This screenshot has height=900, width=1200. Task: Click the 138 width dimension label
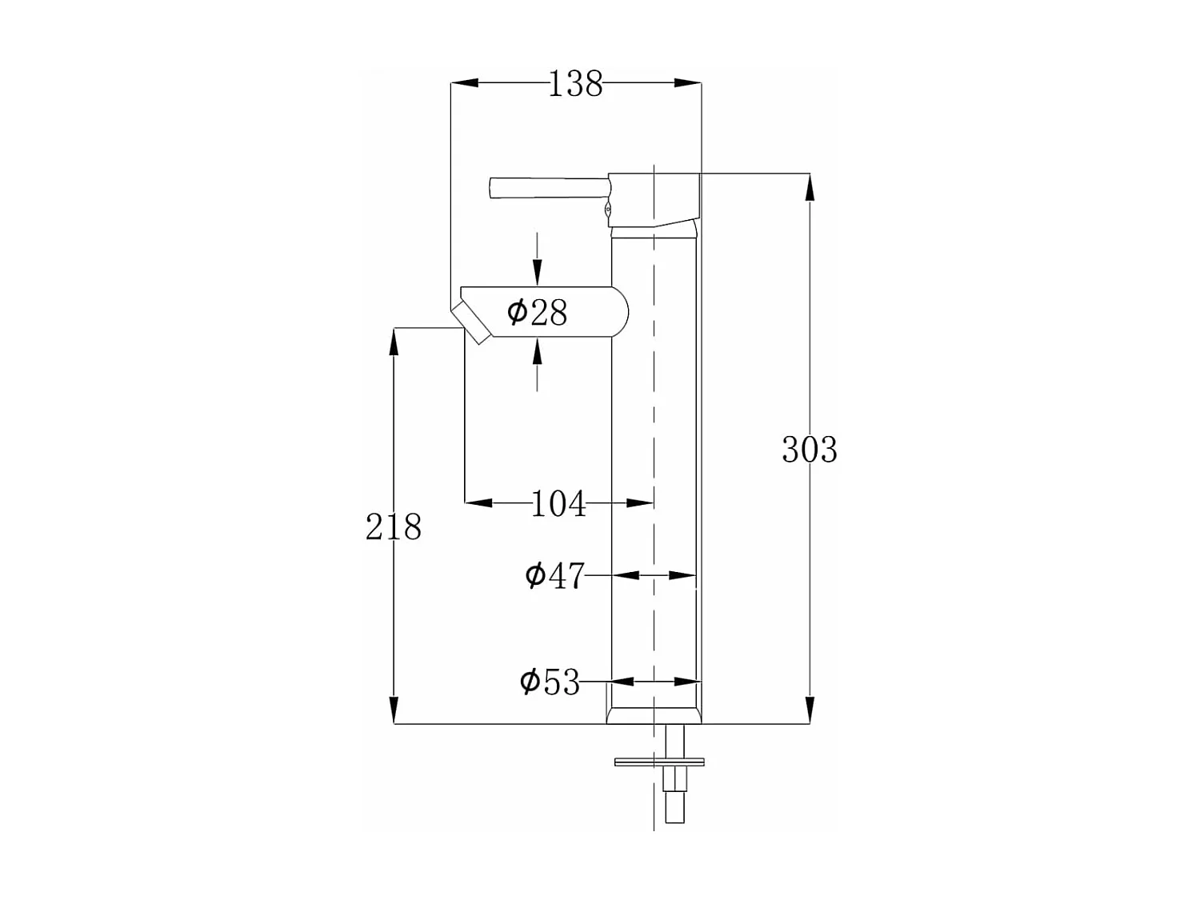click(x=575, y=84)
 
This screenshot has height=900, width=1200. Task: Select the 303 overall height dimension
click(x=809, y=450)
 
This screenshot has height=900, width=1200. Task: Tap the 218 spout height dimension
click(x=393, y=527)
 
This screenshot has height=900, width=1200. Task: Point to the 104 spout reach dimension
click(x=558, y=504)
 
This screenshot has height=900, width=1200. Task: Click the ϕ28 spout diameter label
click(x=538, y=312)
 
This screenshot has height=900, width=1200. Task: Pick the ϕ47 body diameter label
click(x=554, y=575)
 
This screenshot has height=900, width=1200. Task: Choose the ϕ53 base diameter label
click(x=550, y=682)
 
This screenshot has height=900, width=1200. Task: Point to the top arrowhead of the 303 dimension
click(x=810, y=187)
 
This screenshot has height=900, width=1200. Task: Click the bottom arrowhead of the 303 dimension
click(x=810, y=710)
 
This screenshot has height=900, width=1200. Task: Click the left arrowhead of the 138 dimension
click(x=465, y=82)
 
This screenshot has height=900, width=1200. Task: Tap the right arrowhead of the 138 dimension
click(x=687, y=82)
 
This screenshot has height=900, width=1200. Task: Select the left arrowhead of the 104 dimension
click(x=478, y=503)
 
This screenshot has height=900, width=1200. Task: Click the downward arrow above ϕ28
click(x=537, y=272)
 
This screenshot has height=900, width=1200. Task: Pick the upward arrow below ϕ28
click(x=537, y=351)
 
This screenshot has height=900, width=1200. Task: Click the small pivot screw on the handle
click(x=608, y=210)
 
